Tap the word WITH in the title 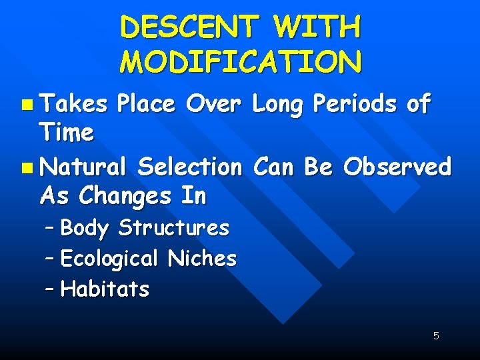click(317, 28)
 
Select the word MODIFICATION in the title click(241, 62)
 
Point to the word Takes click(73, 104)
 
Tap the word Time click(67, 133)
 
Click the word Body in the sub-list click(84, 228)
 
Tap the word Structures click(173, 228)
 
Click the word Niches click(202, 258)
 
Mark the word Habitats click(105, 289)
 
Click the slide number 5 click(436, 336)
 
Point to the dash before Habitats click(51, 289)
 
